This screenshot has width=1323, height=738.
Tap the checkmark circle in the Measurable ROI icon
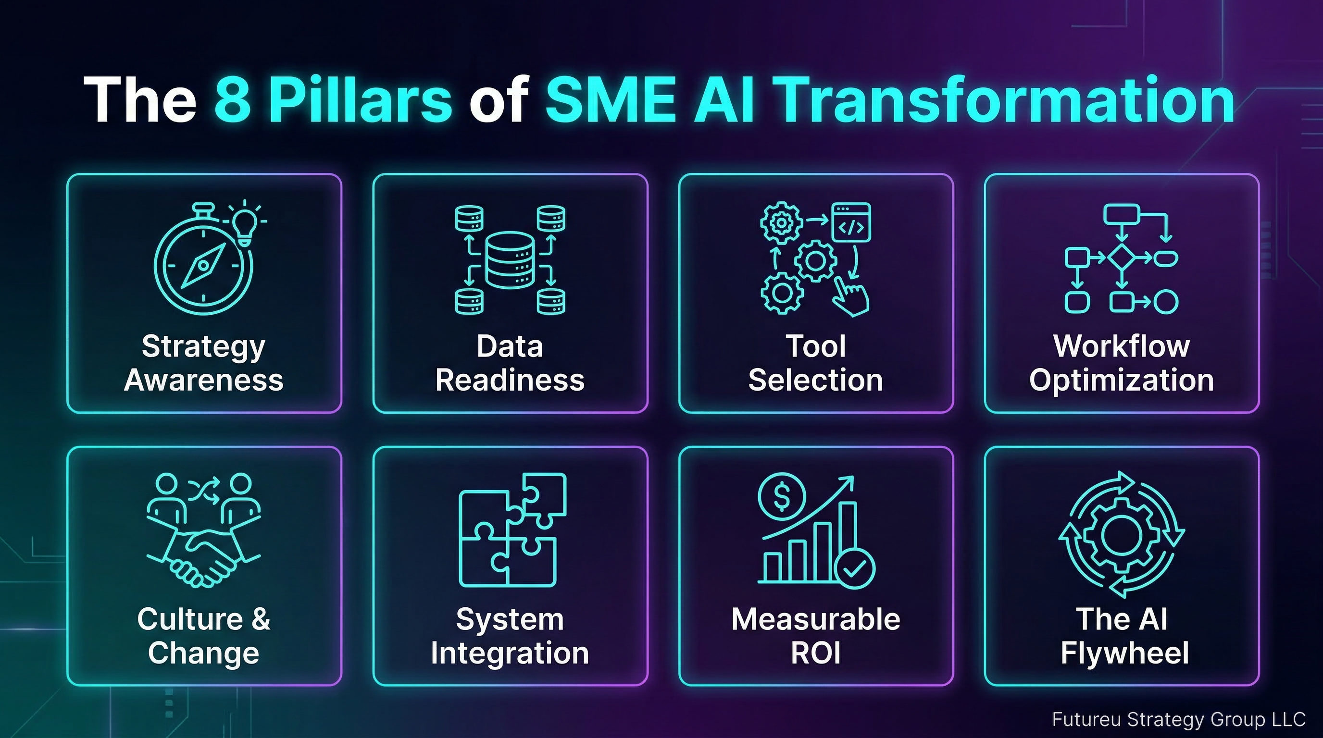point(855,568)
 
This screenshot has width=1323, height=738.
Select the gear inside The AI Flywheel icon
point(1122,535)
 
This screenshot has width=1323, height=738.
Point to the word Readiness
point(510,380)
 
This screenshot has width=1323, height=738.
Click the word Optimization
point(1122,380)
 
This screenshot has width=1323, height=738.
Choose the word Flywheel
point(1125,653)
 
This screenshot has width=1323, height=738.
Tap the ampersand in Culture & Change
point(261,619)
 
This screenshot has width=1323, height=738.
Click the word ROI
point(815,653)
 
